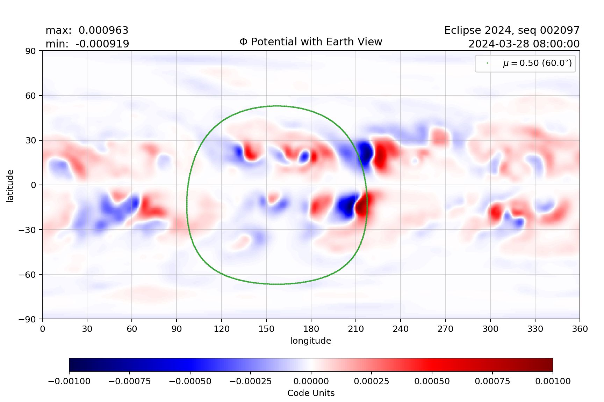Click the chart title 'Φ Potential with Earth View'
pyautogui.click(x=311, y=42)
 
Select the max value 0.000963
pyautogui.click(x=103, y=30)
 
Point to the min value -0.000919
pyautogui.click(x=102, y=44)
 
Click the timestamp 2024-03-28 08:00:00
pyautogui.click(x=524, y=44)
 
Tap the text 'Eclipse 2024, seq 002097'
pyautogui.click(x=512, y=30)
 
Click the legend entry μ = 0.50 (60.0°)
pyautogui.click(x=537, y=63)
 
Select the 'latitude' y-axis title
pyautogui.click(x=10, y=186)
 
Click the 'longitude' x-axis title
pyautogui.click(x=311, y=341)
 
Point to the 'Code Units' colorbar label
pyautogui.click(x=311, y=393)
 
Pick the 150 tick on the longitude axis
pyautogui.click(x=266, y=329)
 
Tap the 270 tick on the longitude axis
pyautogui.click(x=445, y=329)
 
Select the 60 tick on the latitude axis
pyautogui.click(x=31, y=96)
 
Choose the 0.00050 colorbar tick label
pyautogui.click(x=432, y=381)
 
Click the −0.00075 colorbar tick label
pyautogui.click(x=130, y=381)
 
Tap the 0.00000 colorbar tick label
pyautogui.click(x=311, y=381)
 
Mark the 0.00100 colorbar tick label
pyautogui.click(x=553, y=381)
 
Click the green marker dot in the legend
pyautogui.click(x=487, y=63)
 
